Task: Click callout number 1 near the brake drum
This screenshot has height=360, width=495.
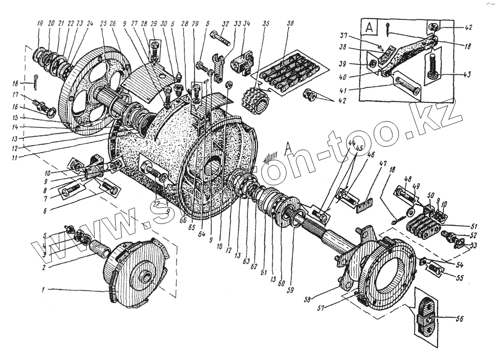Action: (x=44, y=290)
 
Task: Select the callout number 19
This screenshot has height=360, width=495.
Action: (x=39, y=24)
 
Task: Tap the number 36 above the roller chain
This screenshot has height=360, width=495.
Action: (x=290, y=24)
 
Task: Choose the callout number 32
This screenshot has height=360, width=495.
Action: (x=226, y=24)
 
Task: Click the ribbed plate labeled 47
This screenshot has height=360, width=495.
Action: (x=364, y=203)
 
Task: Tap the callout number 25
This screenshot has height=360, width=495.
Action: (x=103, y=24)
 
